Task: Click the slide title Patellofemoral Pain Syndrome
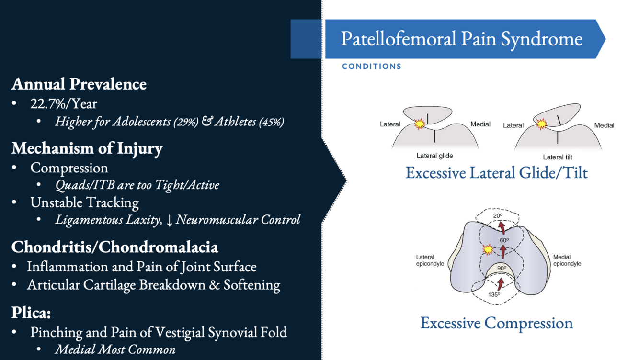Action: pyautogui.click(x=461, y=39)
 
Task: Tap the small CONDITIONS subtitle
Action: pyautogui.click(x=372, y=67)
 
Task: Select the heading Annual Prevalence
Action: pyautogui.click(x=79, y=84)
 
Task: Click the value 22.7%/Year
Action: pyautogui.click(x=64, y=103)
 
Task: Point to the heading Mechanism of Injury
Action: pyautogui.click(x=87, y=148)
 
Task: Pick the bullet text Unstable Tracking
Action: pyautogui.click(x=84, y=202)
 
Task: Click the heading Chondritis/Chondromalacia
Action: pyautogui.click(x=115, y=247)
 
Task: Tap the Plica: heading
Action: pyautogui.click(x=31, y=313)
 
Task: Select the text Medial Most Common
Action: pyautogui.click(x=115, y=349)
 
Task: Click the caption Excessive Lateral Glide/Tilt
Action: pyautogui.click(x=496, y=172)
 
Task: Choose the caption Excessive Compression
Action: pyautogui.click(x=496, y=323)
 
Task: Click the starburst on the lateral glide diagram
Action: pyautogui.click(x=420, y=124)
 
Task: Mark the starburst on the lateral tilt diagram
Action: pyautogui.click(x=541, y=124)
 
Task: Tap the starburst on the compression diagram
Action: pyautogui.click(x=488, y=249)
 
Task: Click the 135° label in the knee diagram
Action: pyautogui.click(x=494, y=295)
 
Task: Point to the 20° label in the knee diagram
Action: pyautogui.click(x=498, y=216)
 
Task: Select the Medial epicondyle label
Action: pyautogui.click(x=567, y=260)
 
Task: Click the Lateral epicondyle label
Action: pyautogui.click(x=430, y=260)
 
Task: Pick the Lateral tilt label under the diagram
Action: pyautogui.click(x=557, y=157)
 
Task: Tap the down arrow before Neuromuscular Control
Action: pyautogui.click(x=169, y=220)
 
